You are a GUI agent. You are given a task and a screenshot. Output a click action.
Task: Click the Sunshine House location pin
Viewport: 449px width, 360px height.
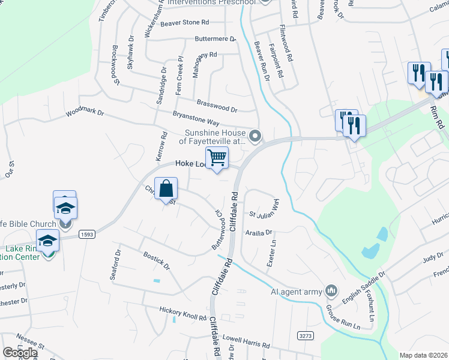256,137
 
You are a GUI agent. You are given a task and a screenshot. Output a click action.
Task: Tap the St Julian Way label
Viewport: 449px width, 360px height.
265,211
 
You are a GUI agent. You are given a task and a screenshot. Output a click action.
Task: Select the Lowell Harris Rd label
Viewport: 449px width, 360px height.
247,343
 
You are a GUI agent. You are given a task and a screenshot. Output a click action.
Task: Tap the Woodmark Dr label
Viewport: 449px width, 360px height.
85,112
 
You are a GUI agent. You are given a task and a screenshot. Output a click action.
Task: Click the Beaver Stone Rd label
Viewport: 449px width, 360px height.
184,23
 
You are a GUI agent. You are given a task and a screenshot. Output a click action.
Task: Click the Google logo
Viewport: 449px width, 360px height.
20,352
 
